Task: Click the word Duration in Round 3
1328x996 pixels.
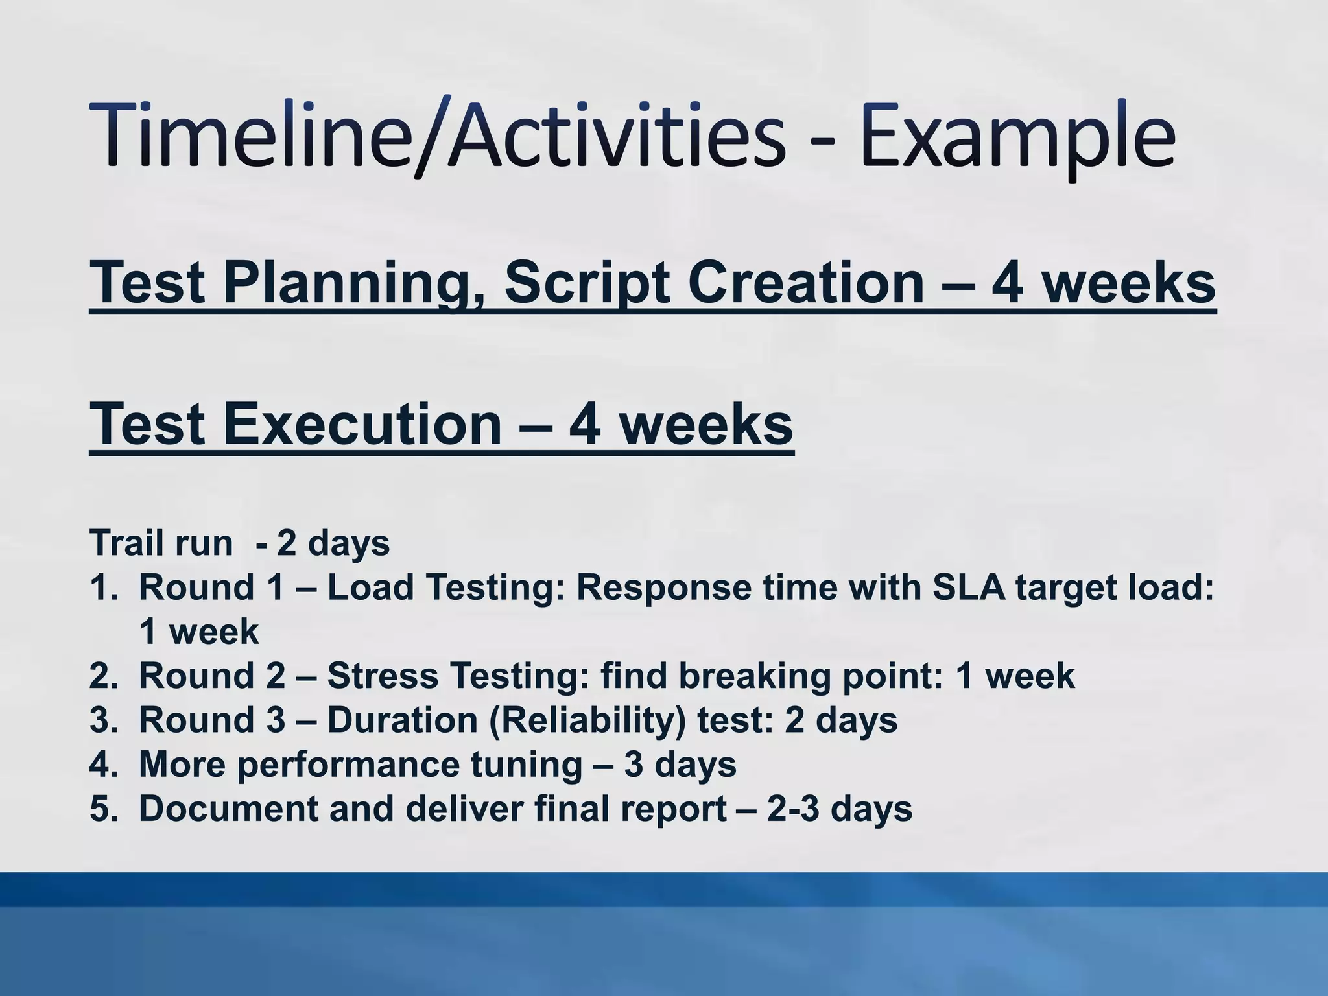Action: click(402, 720)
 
